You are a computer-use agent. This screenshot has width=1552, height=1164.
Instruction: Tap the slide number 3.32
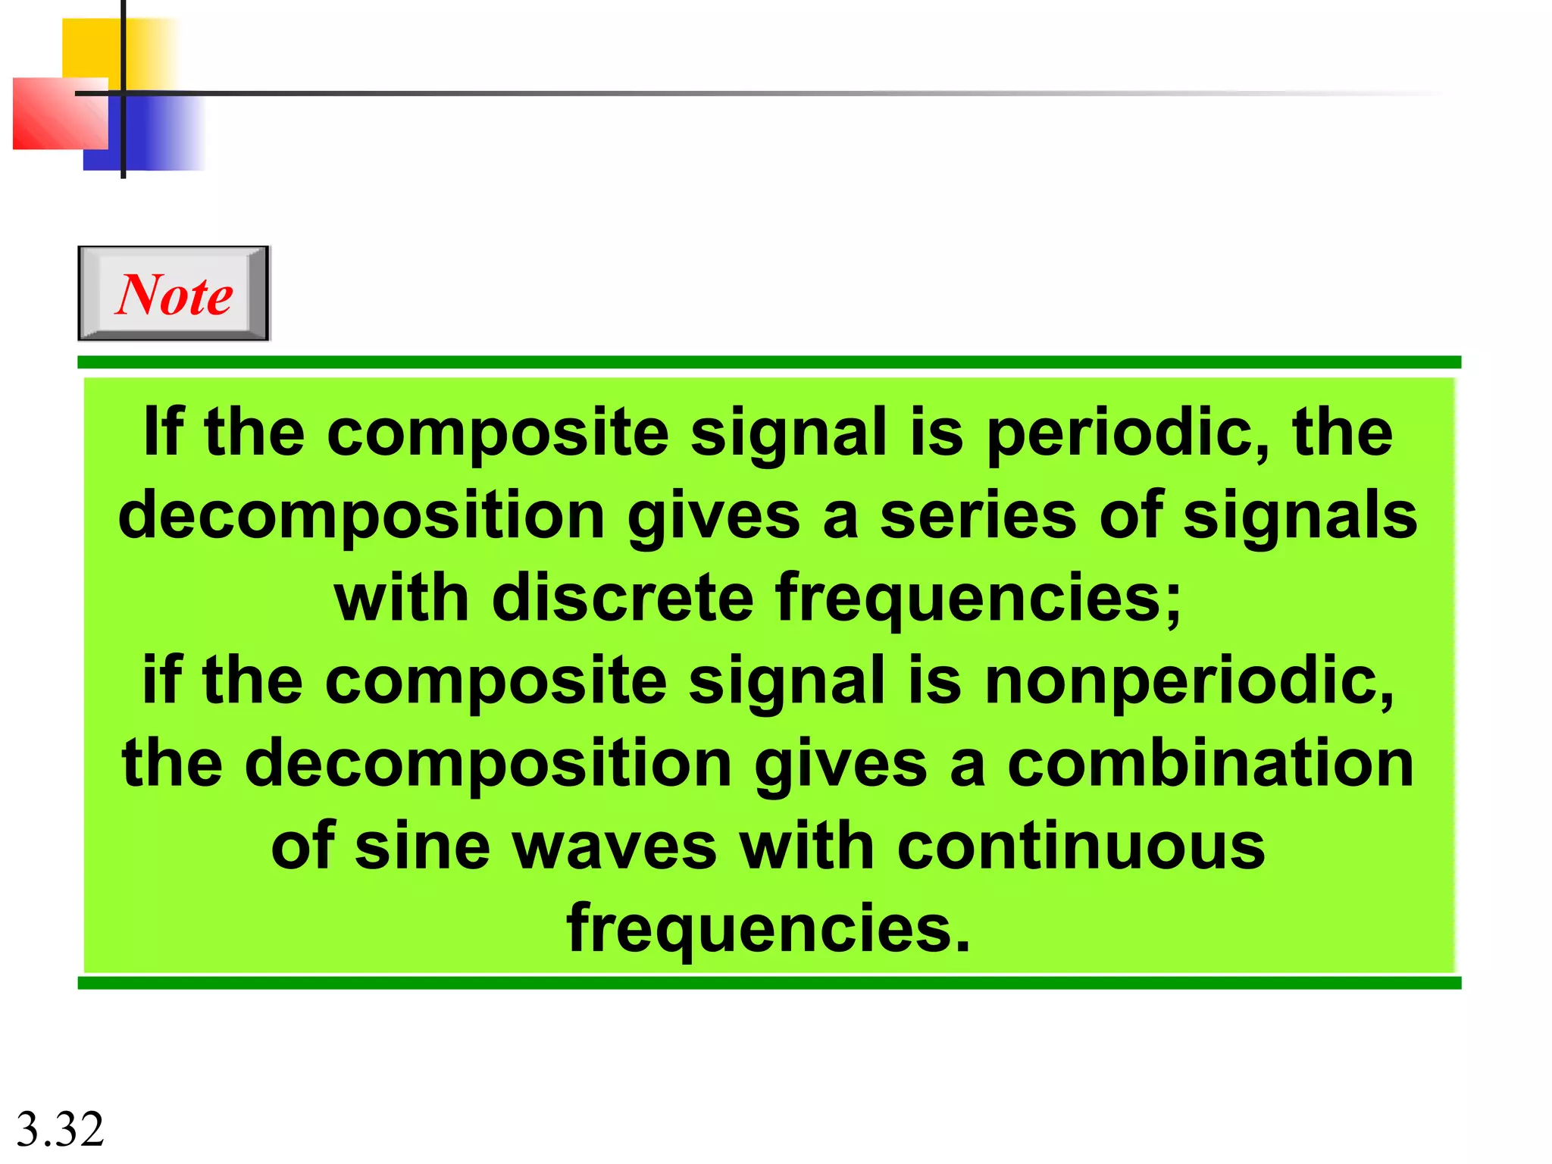tap(60, 1129)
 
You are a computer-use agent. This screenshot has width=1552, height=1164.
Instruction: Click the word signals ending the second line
tap(1300, 515)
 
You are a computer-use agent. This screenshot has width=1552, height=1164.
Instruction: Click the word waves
tap(615, 846)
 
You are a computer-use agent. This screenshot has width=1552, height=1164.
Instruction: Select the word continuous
tap(1081, 846)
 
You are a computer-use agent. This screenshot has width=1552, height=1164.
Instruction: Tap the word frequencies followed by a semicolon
tap(978, 599)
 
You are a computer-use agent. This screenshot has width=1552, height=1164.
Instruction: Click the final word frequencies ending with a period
tap(768, 929)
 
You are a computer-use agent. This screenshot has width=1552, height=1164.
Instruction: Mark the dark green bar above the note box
tap(768, 362)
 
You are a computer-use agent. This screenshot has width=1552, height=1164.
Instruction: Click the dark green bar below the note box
tap(768, 983)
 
